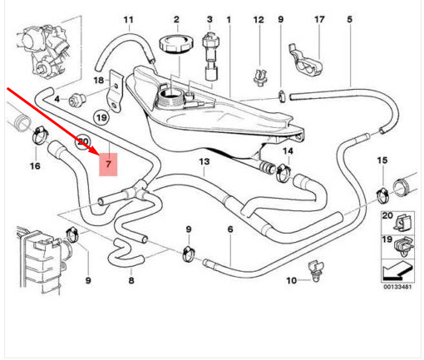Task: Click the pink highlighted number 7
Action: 108,165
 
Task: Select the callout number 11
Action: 128,20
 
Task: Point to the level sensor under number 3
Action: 211,56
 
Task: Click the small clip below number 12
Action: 260,77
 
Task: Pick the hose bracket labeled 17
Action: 306,61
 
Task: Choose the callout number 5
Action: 349,20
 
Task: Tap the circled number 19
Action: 101,117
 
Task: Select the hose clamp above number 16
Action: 41,135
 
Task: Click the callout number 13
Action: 205,161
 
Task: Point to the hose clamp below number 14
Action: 283,173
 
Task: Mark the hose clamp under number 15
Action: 384,194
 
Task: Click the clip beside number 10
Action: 315,271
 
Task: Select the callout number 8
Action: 131,280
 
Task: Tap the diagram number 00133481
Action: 397,287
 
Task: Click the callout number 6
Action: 230,229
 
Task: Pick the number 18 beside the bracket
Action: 98,81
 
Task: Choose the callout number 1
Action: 229,20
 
